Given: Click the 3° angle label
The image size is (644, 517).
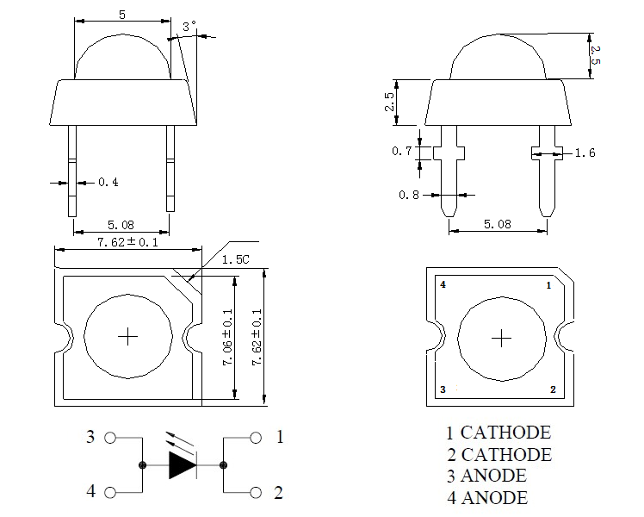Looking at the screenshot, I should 189,28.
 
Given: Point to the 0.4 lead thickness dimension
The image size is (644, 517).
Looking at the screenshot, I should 108,183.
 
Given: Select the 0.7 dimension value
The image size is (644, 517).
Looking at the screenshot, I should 401,152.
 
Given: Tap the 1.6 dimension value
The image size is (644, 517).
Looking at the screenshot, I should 585,153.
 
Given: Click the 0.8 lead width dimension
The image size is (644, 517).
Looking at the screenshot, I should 409,195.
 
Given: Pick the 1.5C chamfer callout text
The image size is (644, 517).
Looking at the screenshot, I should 235,259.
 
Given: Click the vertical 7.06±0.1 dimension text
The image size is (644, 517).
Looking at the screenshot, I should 228,338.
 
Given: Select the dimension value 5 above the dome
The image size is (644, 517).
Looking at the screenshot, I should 122,16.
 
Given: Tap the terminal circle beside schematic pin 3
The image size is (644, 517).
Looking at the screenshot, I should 109,438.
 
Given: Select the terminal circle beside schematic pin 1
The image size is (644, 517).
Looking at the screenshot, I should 255,438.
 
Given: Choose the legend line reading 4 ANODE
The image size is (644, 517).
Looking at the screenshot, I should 486,497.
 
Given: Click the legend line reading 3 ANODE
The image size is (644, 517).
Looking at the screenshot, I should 486,476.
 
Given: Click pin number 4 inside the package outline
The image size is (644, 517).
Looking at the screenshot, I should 443,284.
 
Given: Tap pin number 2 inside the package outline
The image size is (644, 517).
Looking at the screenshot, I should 553,389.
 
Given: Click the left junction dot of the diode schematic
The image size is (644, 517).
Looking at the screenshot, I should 142,465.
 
